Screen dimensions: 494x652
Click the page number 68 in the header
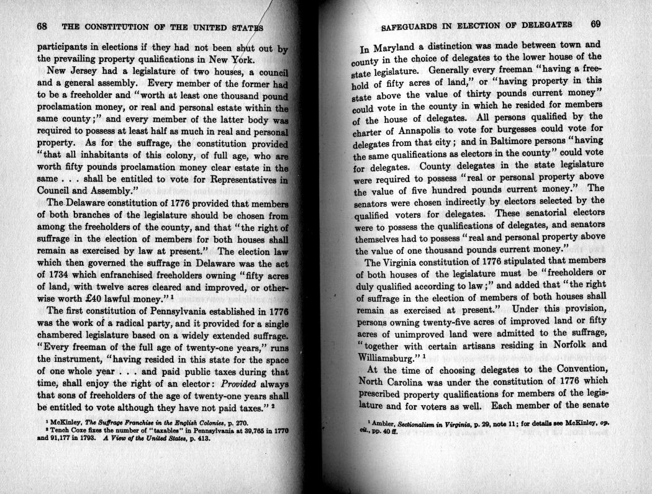pos(43,27)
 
